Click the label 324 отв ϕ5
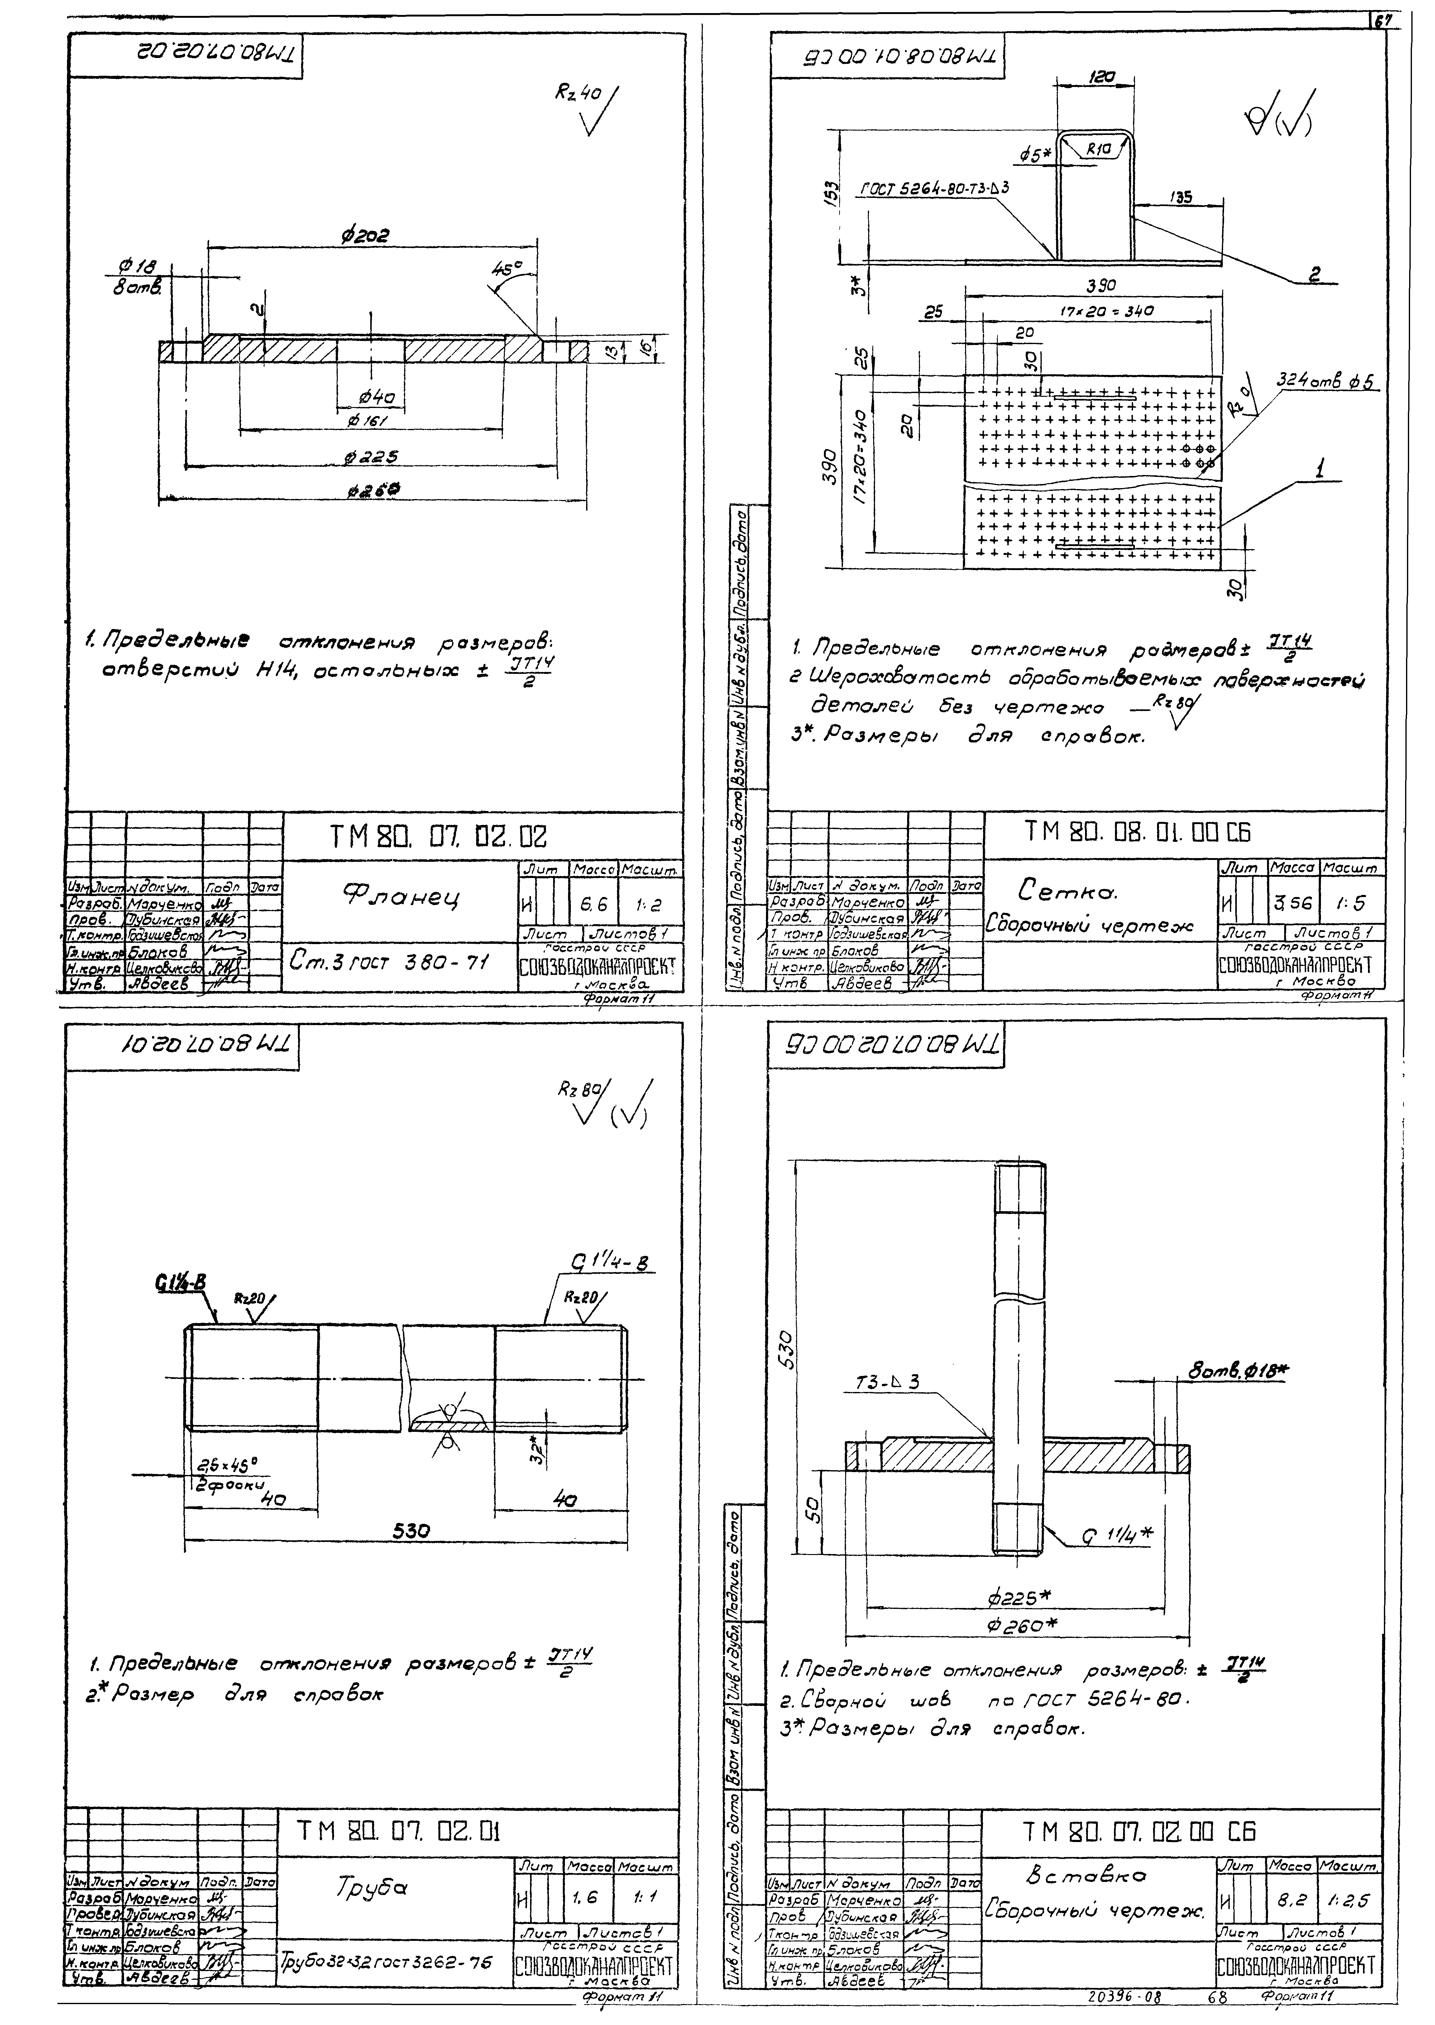(1328, 382)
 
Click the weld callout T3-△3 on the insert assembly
(888, 1381)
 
